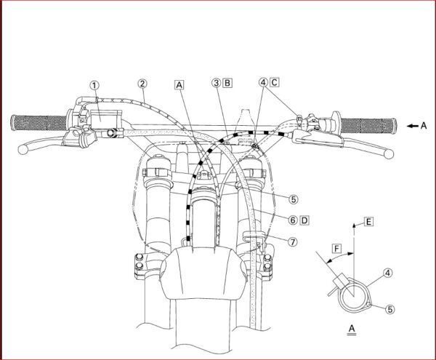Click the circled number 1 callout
94,85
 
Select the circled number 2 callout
142,84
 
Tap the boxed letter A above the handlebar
179,85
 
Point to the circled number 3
216,83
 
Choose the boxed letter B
227,83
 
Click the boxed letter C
274,82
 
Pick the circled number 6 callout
293,220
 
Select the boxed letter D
304,220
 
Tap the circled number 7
293,241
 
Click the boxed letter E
368,222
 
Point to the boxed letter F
336,248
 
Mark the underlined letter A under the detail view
352,329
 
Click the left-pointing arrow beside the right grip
413,126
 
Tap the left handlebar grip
39,122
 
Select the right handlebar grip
368,126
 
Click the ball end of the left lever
23,149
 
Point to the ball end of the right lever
389,154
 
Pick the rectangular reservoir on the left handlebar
105,120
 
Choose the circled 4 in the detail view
387,273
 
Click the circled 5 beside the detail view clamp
389,309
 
